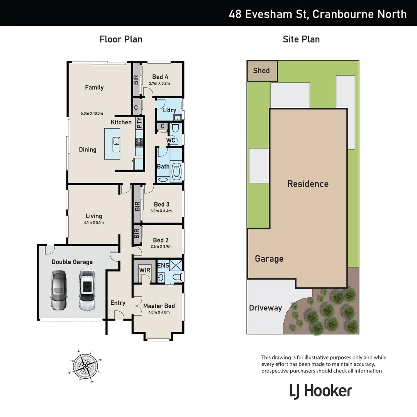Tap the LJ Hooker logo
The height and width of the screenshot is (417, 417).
tap(320, 391)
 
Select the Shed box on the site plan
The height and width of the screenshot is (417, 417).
tap(262, 71)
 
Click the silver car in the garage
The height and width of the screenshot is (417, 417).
tap(59, 290)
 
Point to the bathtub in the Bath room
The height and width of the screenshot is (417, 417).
tap(176, 171)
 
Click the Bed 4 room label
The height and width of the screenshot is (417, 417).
tap(160, 76)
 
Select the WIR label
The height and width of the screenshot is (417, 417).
tap(144, 270)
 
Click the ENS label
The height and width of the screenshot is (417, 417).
tap(163, 266)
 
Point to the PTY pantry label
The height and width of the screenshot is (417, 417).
tap(139, 123)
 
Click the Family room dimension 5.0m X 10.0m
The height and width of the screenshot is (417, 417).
tap(92, 114)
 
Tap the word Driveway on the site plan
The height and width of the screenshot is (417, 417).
tap(265, 308)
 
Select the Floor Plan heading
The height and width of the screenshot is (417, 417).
tap(121, 39)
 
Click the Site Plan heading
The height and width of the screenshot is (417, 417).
tap(301, 39)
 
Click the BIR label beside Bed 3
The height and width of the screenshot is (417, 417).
tap(137, 206)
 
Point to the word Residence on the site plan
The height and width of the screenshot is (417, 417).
tap(308, 184)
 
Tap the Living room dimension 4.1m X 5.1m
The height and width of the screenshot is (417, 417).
tap(94, 222)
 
